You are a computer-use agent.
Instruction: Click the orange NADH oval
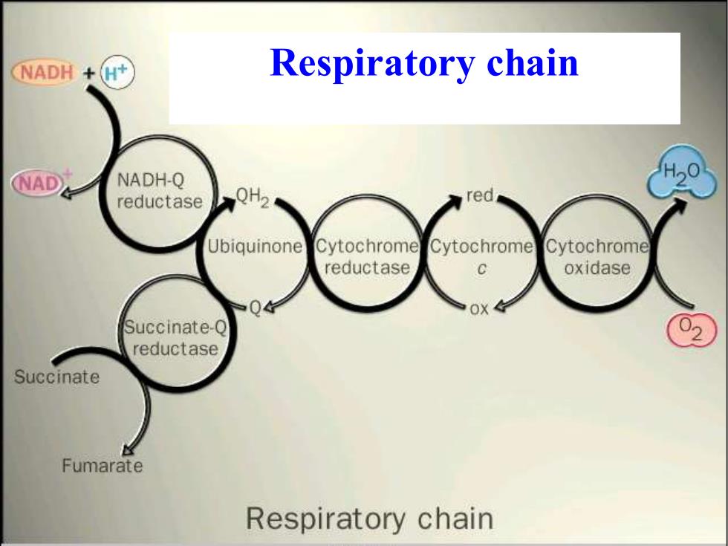(45, 73)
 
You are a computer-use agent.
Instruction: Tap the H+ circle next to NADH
(117, 73)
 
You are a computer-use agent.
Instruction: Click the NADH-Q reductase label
(160, 191)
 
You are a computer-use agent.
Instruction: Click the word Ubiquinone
(254, 247)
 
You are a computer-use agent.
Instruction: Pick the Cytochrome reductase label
(367, 257)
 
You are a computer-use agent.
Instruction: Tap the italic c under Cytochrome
(481, 269)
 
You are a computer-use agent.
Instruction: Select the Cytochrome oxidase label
(597, 257)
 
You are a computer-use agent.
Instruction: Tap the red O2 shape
(692, 330)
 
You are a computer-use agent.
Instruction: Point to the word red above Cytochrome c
(480, 195)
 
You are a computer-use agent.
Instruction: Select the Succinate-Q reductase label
(175, 338)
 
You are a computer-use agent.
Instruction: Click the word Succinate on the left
(56, 377)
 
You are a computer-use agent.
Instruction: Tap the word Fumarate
(103, 466)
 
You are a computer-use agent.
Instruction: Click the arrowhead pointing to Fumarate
(127, 449)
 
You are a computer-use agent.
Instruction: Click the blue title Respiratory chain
(424, 62)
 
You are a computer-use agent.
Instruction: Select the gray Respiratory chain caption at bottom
(370, 519)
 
